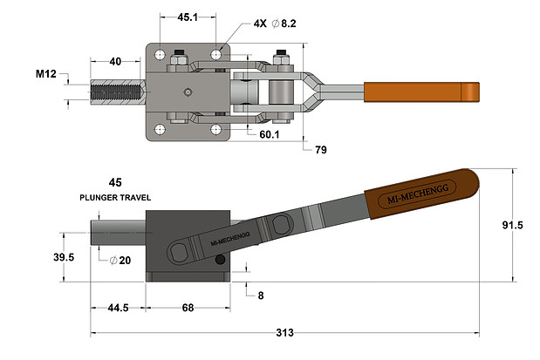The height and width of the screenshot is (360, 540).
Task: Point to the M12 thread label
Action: pyautogui.click(x=46, y=75)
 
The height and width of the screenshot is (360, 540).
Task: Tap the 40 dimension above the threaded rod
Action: pyautogui.click(x=116, y=62)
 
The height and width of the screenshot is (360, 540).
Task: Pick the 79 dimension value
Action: pyautogui.click(x=321, y=150)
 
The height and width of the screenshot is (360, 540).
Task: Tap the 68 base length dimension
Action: pyautogui.click(x=188, y=308)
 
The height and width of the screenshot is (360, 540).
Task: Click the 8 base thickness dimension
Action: pyautogui.click(x=260, y=295)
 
